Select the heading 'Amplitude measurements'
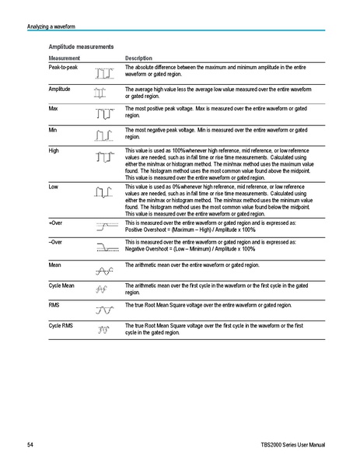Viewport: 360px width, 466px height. pos(81,47)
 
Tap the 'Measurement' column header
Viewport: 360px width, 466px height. pos(67,59)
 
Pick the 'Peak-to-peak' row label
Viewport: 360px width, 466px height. pos(64,68)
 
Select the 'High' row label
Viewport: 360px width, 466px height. pos(54,149)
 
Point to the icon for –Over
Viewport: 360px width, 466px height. pos(104,246)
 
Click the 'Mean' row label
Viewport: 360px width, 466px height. pos(56,265)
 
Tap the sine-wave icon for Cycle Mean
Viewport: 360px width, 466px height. pos(102,289)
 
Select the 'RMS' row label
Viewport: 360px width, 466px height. pos(54,306)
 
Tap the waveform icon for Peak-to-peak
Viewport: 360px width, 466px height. pos(103,75)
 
